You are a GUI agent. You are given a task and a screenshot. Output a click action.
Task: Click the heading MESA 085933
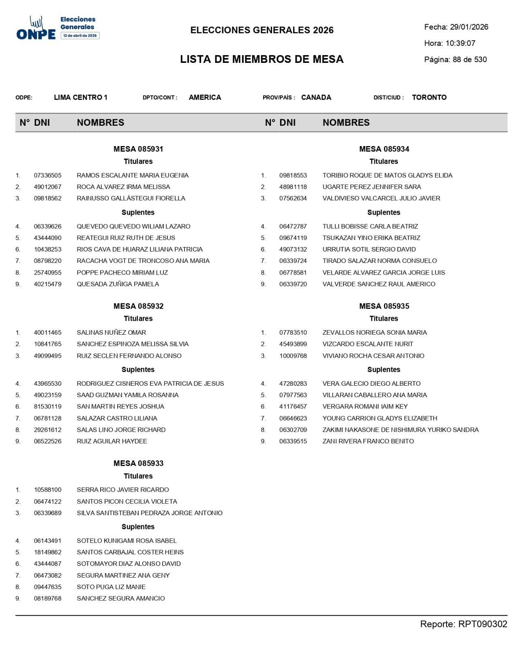tap(138, 463)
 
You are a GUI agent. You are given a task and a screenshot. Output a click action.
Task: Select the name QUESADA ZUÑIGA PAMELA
tap(118, 284)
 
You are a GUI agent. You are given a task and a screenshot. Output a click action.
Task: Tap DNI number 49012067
tap(48, 187)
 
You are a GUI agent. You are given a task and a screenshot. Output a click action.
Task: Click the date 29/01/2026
tap(469, 27)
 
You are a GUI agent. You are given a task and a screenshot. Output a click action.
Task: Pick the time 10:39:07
tap(460, 43)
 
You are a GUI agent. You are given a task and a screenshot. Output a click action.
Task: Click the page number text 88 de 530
tap(469, 60)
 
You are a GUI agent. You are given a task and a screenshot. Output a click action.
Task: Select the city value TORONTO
tap(429, 97)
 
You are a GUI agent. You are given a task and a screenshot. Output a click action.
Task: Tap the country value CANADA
tap(316, 97)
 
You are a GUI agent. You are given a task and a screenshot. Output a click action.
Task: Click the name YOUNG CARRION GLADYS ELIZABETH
tap(380, 418)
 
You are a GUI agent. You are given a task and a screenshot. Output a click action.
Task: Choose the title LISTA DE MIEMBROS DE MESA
tap(262, 59)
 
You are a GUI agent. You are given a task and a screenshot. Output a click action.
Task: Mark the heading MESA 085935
tap(384, 306)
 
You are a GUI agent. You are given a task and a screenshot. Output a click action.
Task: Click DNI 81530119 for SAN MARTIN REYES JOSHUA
tap(48, 406)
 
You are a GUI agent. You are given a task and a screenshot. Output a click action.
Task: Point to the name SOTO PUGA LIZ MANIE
tap(111, 587)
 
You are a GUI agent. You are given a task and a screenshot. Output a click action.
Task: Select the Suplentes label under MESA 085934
tap(384, 213)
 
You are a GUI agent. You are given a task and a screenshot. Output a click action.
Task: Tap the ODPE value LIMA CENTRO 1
tap(81, 97)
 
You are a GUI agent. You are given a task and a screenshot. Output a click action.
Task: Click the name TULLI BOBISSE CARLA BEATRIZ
tap(370, 226)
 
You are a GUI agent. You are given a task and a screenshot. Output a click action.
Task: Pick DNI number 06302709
tap(293, 430)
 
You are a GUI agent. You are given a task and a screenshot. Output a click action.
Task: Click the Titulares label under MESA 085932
tap(138, 318)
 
